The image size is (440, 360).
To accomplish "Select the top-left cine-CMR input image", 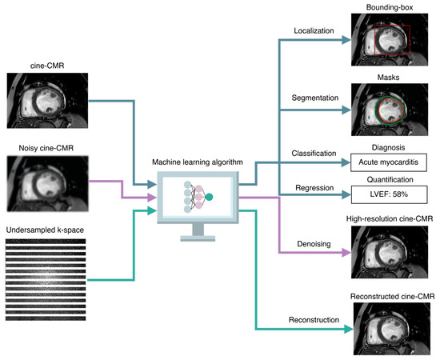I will tap(42, 97).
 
